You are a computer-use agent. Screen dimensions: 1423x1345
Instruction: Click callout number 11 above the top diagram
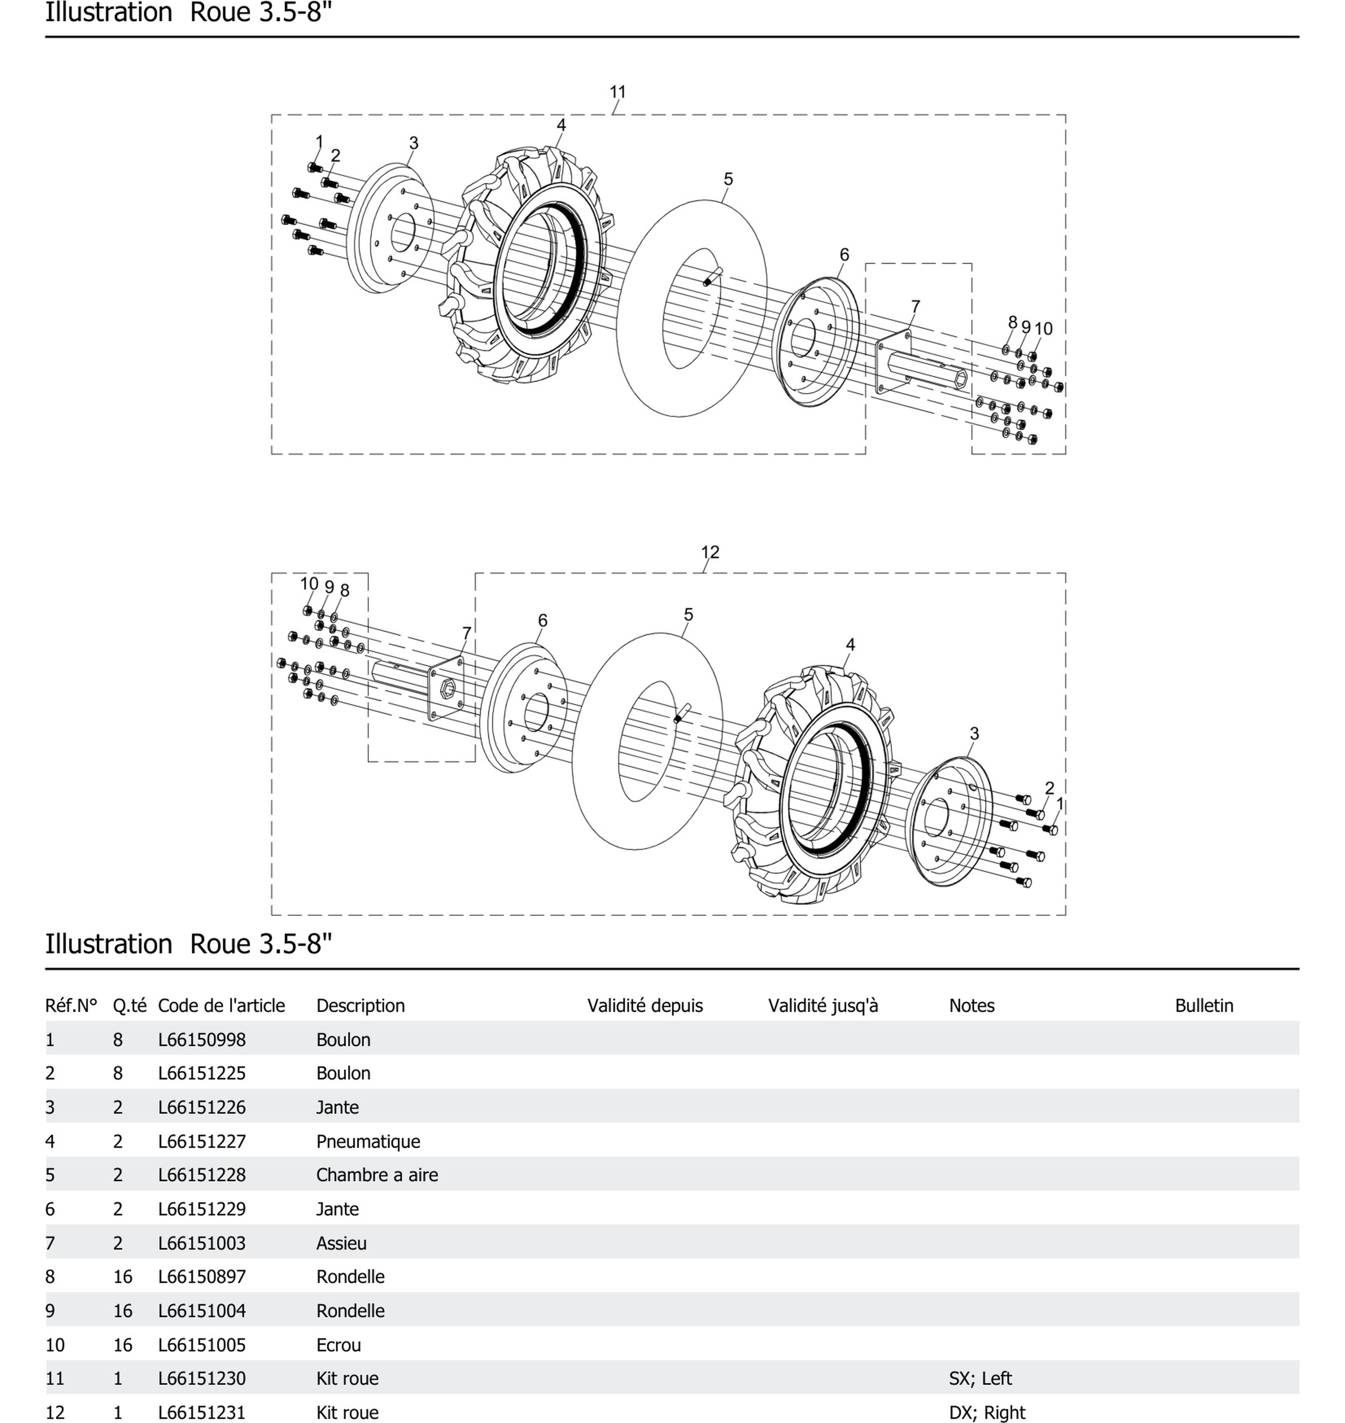[617, 92]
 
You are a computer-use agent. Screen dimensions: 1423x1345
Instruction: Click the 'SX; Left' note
[980, 1379]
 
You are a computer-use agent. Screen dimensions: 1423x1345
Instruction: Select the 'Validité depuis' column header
[644, 1005]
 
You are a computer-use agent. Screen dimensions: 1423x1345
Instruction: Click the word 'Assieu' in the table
[341, 1243]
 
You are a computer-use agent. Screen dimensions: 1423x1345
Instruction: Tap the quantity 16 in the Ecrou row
[122, 1345]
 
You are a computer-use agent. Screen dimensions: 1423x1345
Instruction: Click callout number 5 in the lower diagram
[688, 615]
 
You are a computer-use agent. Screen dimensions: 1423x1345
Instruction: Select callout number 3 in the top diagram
[413, 143]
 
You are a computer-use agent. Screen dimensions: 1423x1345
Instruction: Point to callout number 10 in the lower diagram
[309, 584]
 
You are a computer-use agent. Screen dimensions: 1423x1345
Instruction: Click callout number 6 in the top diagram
[844, 255]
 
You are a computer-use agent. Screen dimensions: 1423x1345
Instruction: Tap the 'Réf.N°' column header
[71, 1005]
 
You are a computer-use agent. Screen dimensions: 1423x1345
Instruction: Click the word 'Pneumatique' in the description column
[368, 1141]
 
